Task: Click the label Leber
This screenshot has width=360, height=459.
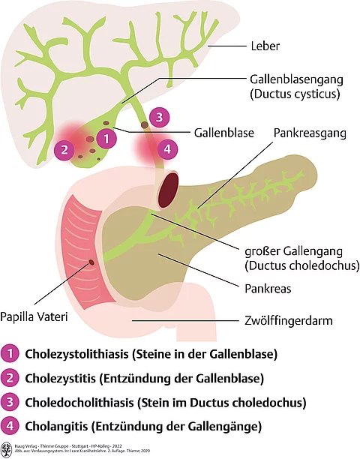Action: tap(265, 46)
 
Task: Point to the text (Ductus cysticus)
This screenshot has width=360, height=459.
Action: tap(298, 94)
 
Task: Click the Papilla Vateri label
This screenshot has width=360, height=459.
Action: tap(34, 317)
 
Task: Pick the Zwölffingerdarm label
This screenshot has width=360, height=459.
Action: tap(289, 317)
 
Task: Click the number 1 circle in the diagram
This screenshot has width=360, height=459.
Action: tap(108, 138)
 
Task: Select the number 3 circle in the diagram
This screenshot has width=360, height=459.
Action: tap(158, 117)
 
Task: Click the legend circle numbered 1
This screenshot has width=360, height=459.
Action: tap(10, 352)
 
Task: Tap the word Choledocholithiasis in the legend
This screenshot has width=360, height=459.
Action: tap(78, 403)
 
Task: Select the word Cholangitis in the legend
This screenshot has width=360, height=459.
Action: tap(55, 427)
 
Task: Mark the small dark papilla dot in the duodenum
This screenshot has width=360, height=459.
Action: tap(91, 262)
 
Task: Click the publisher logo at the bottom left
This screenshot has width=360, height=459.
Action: tap(7, 449)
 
